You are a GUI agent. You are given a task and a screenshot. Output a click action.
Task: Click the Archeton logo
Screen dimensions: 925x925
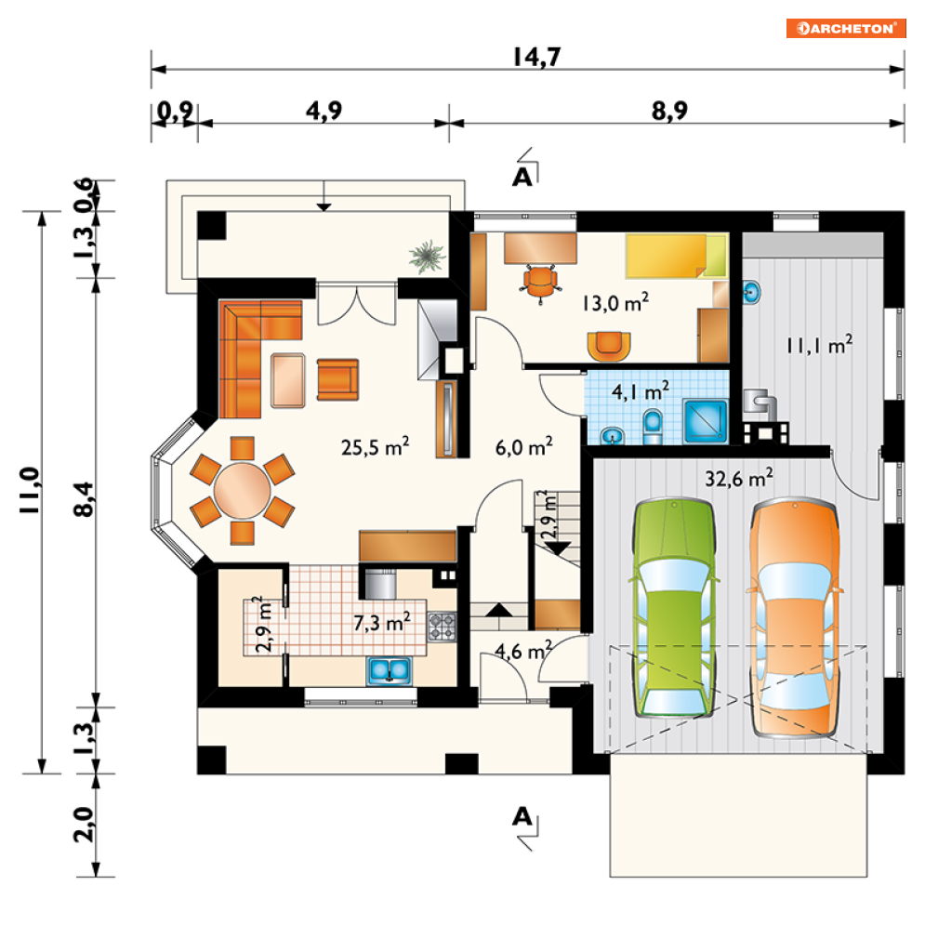[845, 28]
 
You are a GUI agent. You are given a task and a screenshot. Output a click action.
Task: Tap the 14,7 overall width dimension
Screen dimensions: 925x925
[536, 57]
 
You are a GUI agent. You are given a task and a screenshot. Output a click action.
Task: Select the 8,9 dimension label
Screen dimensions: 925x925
[669, 111]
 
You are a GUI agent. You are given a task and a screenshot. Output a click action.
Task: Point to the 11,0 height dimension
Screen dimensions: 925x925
[30, 490]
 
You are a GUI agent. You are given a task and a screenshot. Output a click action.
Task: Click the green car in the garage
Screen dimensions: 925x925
[675, 608]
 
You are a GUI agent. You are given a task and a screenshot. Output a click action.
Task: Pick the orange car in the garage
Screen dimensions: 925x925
[795, 618]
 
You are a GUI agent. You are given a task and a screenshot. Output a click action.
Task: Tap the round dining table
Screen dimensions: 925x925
[242, 491]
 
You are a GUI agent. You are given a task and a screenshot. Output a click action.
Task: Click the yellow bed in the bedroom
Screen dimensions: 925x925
[677, 256]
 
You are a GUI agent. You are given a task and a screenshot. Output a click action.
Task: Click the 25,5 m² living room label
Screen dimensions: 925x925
[376, 446]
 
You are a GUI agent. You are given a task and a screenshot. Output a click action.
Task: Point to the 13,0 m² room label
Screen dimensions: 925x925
[615, 303]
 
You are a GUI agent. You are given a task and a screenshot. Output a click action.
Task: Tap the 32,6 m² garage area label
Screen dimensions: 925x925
[738, 478]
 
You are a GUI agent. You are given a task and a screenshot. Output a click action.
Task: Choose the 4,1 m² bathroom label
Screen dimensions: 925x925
[641, 390]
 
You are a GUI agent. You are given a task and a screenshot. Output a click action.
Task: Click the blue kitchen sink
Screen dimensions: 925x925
[390, 671]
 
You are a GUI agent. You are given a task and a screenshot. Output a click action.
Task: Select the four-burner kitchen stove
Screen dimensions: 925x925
[442, 628]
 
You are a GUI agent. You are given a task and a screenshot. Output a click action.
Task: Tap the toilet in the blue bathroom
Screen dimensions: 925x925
[653, 427]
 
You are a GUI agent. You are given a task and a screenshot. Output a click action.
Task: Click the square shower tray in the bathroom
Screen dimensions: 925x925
[706, 421]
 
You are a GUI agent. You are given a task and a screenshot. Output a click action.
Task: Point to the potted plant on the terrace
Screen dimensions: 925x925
[426, 256]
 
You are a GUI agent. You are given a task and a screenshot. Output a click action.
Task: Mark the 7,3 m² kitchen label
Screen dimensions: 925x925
[382, 622]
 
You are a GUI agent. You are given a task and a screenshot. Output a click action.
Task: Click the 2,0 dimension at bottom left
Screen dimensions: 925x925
[85, 824]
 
